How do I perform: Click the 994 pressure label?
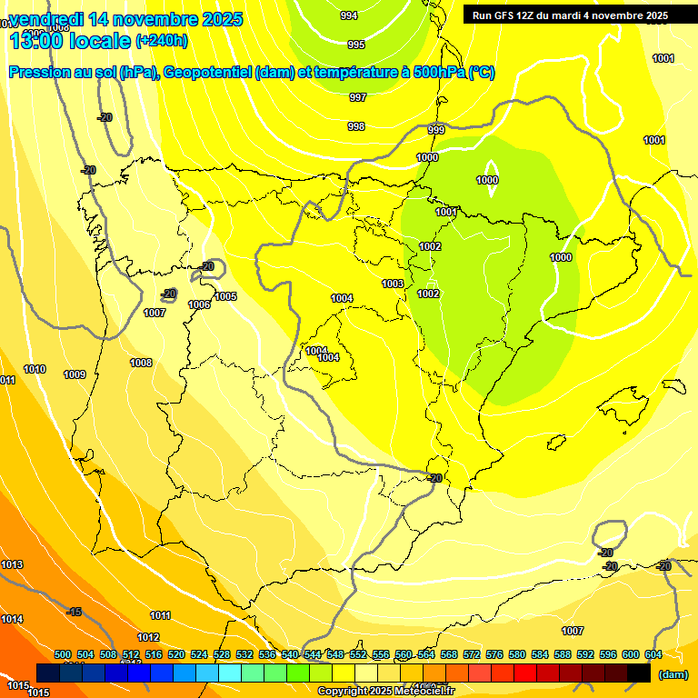point(349,15)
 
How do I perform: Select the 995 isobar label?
point(356,45)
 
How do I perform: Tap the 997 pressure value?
point(358,97)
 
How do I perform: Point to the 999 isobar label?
point(436,130)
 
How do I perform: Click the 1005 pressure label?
point(226,296)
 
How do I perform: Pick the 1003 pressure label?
point(393,284)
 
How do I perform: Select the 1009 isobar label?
point(75,374)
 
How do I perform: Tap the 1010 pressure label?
point(35,369)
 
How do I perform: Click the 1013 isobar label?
point(12,564)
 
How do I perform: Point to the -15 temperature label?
point(75,612)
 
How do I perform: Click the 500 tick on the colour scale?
point(63,654)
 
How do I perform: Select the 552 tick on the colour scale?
point(358,654)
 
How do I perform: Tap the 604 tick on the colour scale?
point(653,654)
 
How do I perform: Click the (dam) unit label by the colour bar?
point(673,674)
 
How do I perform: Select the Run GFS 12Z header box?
point(570,15)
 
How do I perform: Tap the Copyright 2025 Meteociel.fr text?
point(385,691)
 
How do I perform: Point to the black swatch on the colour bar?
point(639,673)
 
